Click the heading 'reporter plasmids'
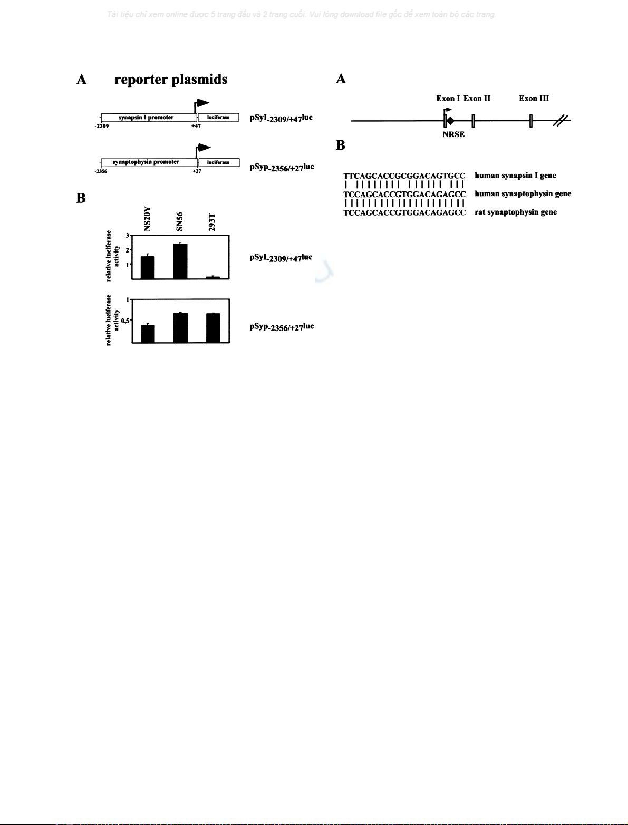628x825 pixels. coord(171,80)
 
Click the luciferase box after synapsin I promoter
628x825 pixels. coord(218,118)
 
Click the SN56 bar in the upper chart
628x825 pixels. coord(180,261)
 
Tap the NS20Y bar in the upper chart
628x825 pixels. coord(148,267)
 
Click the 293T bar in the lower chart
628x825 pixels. coord(213,328)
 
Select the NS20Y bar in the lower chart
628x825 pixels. coord(148,334)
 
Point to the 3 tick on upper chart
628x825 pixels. coord(128,235)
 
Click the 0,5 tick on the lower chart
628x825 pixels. coord(125,321)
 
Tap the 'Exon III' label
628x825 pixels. coord(534,99)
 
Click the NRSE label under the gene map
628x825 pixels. coord(453,134)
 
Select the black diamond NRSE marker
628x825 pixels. coord(450,121)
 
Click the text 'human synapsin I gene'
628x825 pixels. coord(515,176)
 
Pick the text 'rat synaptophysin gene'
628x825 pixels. coord(516,212)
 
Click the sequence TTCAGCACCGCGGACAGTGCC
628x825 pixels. coord(404,176)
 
